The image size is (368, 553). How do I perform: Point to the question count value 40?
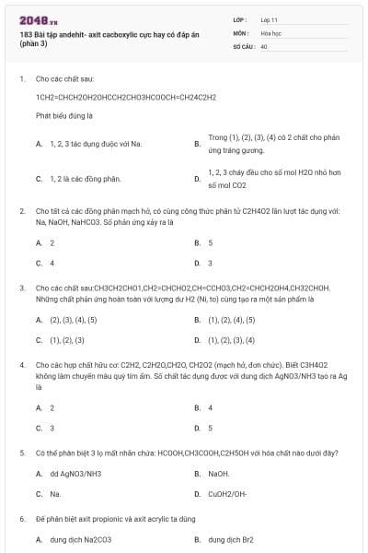(264, 45)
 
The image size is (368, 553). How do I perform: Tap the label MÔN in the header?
(240, 31)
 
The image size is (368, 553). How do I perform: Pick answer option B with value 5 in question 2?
(211, 242)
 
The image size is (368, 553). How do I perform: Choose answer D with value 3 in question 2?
(211, 263)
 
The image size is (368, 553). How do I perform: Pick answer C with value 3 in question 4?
(52, 428)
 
